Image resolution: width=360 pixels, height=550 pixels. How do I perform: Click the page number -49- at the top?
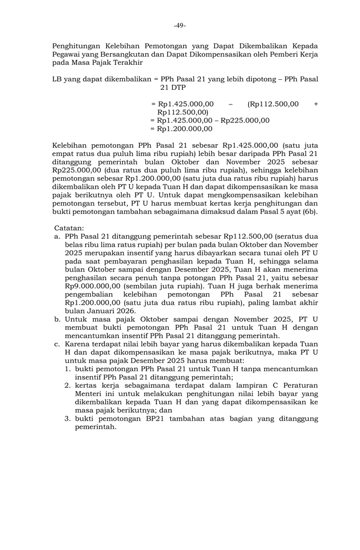pos(179,26)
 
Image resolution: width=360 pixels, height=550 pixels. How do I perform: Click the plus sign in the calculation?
pos(315,104)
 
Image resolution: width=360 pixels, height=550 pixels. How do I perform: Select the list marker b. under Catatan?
pos(58,319)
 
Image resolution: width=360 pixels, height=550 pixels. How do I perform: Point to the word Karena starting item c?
pos(78,344)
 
